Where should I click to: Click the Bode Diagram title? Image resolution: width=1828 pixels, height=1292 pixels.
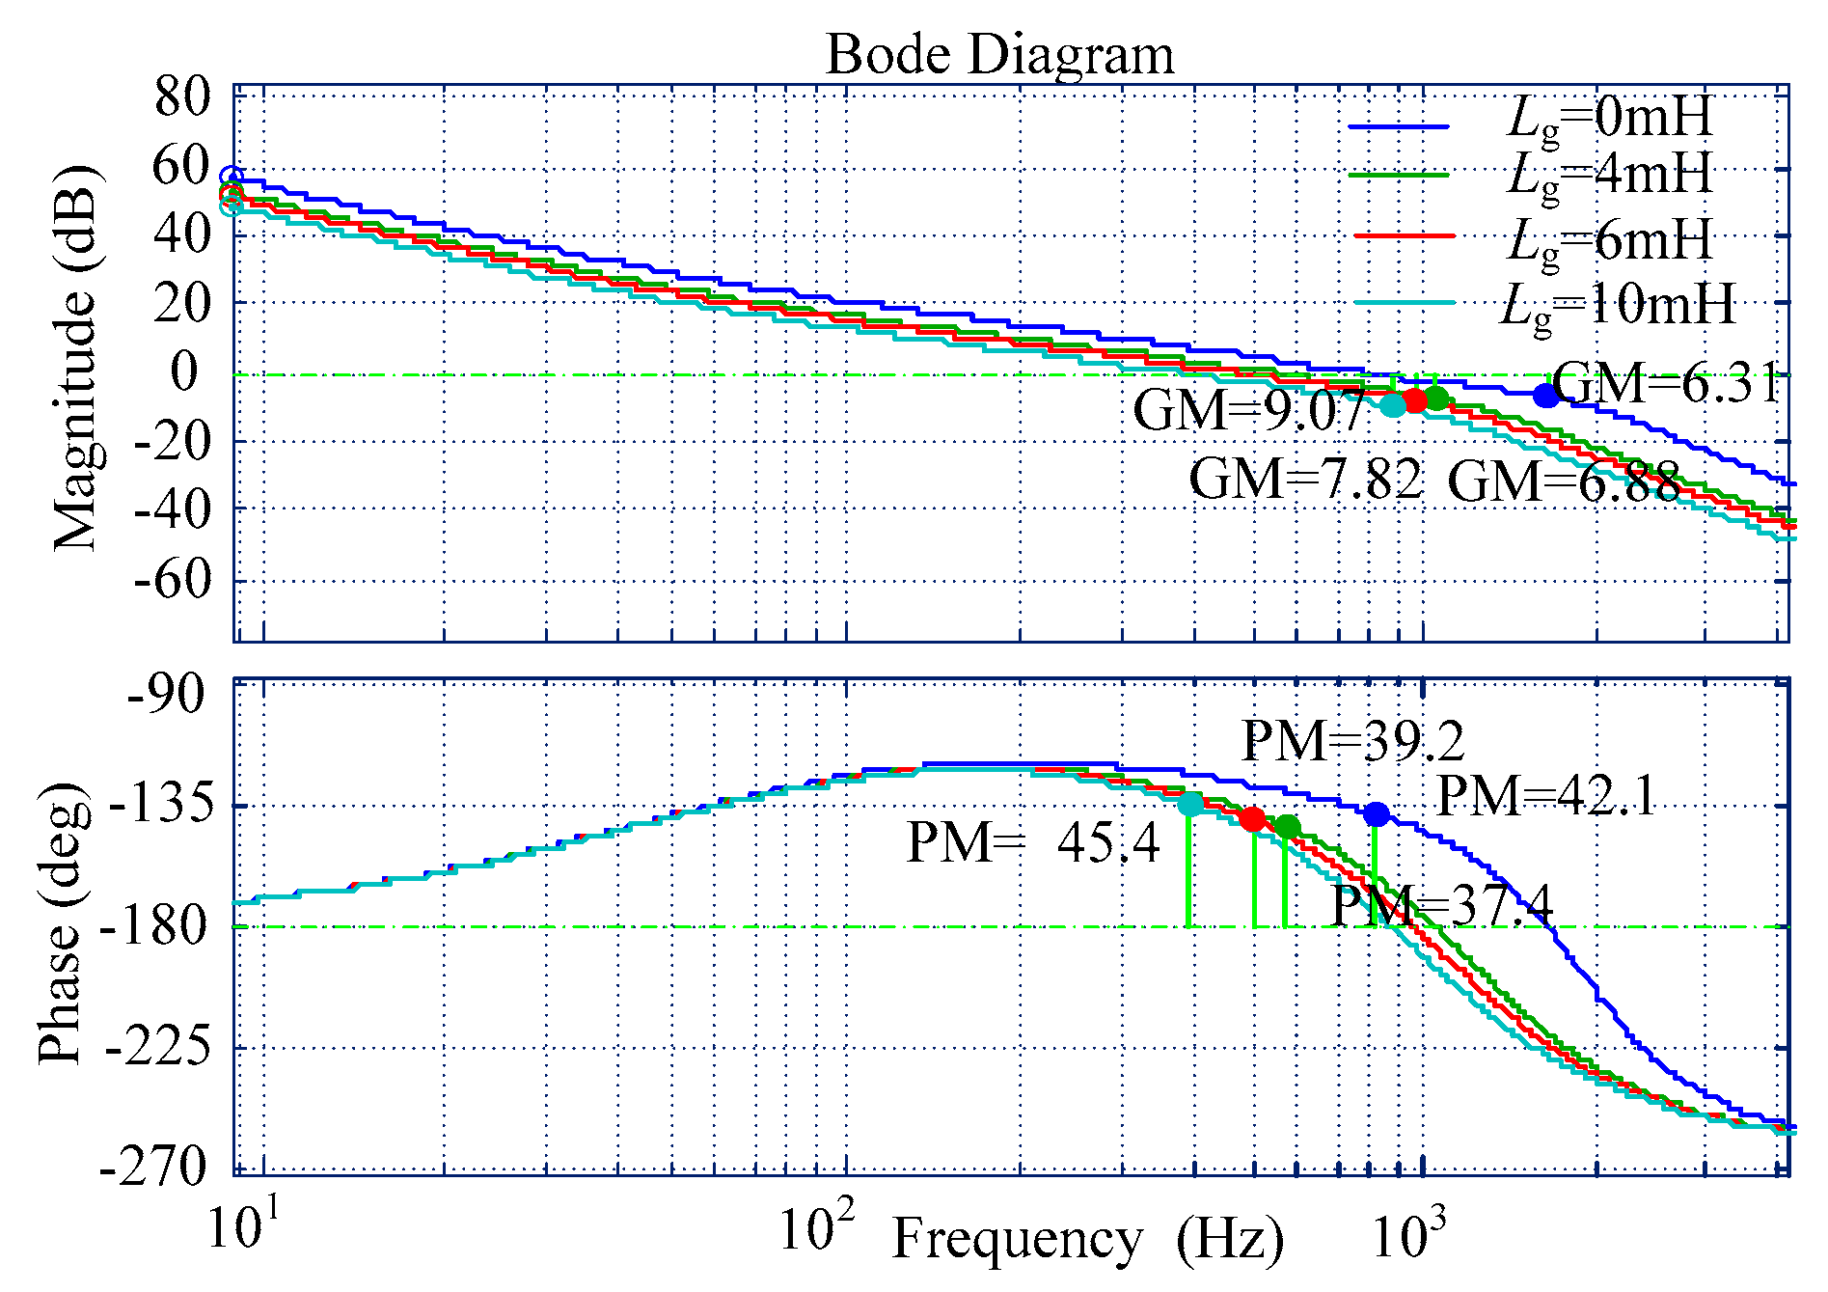[x=999, y=54]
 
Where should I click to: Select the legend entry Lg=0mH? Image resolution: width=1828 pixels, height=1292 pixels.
[x=1608, y=118]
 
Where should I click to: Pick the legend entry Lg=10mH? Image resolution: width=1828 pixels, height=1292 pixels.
[x=1618, y=305]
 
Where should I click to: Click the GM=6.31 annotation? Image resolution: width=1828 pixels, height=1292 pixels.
[x=1665, y=384]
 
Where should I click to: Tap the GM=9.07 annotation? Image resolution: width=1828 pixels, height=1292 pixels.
[x=1248, y=411]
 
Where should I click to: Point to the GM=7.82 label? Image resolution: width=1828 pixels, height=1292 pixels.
[x=1305, y=480]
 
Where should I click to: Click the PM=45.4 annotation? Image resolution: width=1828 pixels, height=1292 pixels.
[x=1033, y=843]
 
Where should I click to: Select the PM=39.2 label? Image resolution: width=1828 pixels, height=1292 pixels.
[x=1352, y=742]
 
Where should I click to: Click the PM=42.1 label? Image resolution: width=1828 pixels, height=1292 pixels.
[x=1546, y=797]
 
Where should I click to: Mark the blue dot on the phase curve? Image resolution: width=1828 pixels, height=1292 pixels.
[x=1377, y=814]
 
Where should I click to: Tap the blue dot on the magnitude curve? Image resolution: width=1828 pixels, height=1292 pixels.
[x=1546, y=395]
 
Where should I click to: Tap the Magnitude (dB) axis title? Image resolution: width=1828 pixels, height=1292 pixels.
[x=75, y=357]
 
